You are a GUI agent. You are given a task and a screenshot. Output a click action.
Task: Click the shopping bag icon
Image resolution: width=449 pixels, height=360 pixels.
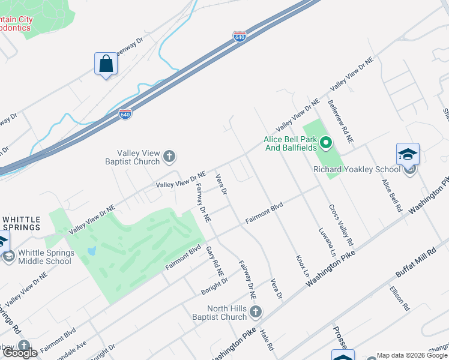coord(106,64)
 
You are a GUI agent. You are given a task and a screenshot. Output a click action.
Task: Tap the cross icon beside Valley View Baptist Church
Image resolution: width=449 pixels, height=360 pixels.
coord(169,157)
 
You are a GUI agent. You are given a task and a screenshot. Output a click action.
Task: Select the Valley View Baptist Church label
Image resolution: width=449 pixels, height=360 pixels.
coord(139,157)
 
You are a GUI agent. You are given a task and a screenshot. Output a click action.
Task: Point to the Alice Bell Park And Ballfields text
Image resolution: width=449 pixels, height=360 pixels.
coord(291,144)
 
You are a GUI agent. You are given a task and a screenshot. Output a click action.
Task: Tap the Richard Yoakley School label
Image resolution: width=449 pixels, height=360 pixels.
coord(357,169)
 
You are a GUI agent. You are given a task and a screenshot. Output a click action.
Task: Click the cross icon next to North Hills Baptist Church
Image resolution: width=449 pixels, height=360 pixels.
coord(256,312)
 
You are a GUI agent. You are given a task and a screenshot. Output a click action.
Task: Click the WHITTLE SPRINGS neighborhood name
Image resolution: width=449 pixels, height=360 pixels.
coord(22,223)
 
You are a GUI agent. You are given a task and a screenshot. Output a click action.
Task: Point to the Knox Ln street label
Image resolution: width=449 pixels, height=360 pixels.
coord(302,265)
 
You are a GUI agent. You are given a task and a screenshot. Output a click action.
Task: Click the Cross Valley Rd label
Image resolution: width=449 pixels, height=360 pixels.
coord(340,226)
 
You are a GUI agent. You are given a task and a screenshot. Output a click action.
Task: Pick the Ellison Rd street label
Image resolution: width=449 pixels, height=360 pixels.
coord(399,298)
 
